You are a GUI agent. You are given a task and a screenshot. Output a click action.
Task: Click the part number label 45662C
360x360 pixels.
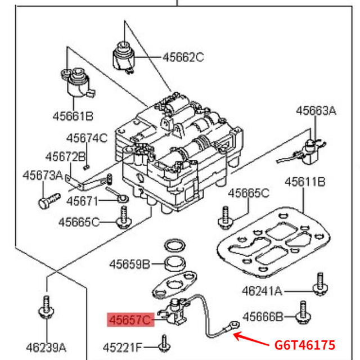pyautogui.click(x=183, y=57)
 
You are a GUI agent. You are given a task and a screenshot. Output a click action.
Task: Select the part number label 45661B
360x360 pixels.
pyautogui.click(x=73, y=116)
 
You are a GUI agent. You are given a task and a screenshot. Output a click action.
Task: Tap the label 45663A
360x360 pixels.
pyautogui.click(x=316, y=111)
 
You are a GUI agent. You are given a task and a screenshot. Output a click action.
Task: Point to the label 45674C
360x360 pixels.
pyautogui.click(x=86, y=138)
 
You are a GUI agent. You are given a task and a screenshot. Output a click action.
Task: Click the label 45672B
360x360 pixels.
pyautogui.click(x=65, y=156)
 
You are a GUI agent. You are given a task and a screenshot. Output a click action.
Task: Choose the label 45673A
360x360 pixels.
pyautogui.click(x=42, y=175)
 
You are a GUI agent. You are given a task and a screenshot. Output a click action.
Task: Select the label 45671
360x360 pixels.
pyautogui.click(x=82, y=201)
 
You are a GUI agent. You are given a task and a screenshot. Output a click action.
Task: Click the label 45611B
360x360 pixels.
pyautogui.click(x=305, y=182)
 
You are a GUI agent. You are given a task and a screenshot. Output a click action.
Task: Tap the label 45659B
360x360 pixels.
pyautogui.click(x=129, y=263)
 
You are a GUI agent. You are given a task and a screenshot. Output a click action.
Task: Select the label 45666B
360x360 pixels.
pyautogui.click(x=263, y=318)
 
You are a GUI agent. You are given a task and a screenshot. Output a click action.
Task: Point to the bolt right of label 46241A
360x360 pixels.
pyautogui.click(x=321, y=285)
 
